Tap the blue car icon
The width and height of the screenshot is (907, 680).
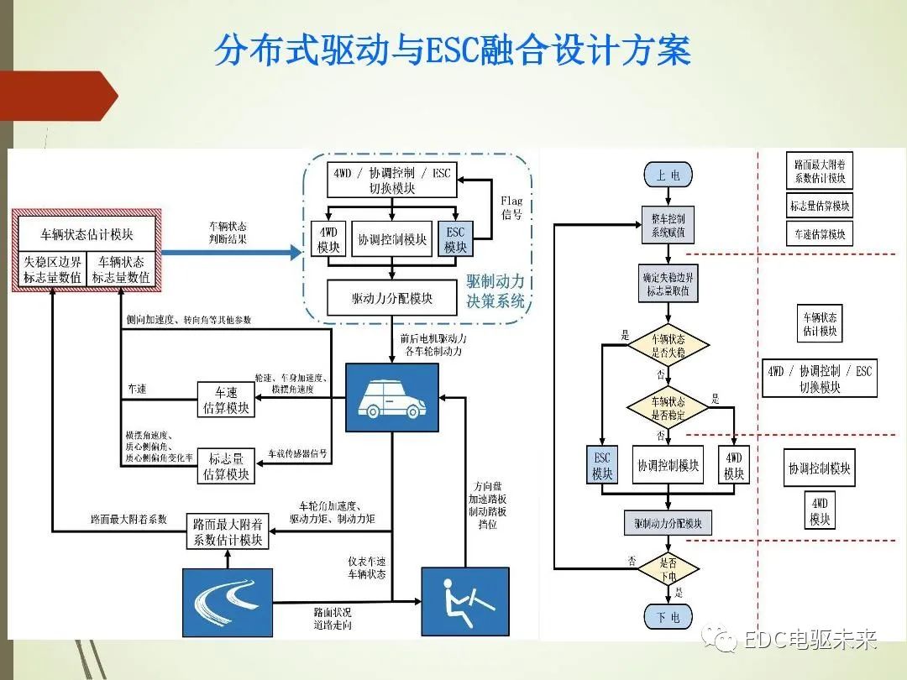click(386, 398)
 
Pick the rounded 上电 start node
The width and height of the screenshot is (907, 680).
click(668, 175)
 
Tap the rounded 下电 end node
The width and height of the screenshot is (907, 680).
click(668, 617)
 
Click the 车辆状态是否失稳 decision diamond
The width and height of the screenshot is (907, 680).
click(668, 345)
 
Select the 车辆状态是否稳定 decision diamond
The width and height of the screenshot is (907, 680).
click(668, 407)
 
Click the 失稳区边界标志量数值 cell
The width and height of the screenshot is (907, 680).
click(51, 269)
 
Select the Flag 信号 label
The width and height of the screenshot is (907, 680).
click(511, 207)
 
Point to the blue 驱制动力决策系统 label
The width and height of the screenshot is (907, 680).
click(495, 290)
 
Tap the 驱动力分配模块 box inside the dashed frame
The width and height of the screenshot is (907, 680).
click(391, 298)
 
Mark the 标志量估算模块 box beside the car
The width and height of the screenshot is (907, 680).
click(225, 467)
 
